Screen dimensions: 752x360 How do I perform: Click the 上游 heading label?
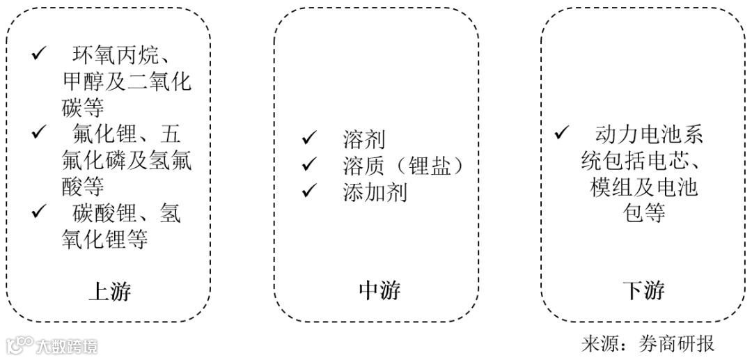(109, 291)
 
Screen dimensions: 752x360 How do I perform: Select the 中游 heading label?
(379, 291)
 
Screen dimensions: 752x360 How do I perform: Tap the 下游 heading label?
(643, 291)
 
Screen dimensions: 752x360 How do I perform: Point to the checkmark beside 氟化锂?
(38, 133)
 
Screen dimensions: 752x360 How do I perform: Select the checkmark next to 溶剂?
(308, 139)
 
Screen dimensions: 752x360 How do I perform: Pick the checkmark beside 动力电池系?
(561, 133)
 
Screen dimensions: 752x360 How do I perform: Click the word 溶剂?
(364, 139)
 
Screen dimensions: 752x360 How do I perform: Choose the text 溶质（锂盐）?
(402, 165)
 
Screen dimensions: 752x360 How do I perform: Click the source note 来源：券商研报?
(648, 344)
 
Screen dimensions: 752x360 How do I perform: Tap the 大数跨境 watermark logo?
(52, 345)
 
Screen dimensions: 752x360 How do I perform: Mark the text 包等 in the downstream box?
(643, 212)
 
